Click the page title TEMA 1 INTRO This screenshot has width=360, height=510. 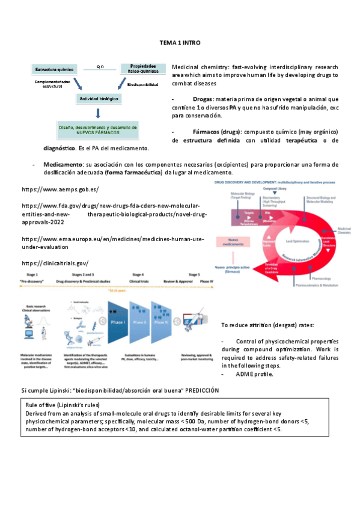tap(180, 43)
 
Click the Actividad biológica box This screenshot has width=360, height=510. tap(99, 97)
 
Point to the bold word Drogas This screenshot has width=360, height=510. tap(203, 99)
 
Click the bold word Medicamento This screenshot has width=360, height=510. tap(63, 164)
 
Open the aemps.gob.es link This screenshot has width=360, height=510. tap(59, 189)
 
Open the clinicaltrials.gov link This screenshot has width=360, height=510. tap(55, 263)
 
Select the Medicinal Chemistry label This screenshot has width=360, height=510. tap(345, 231)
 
